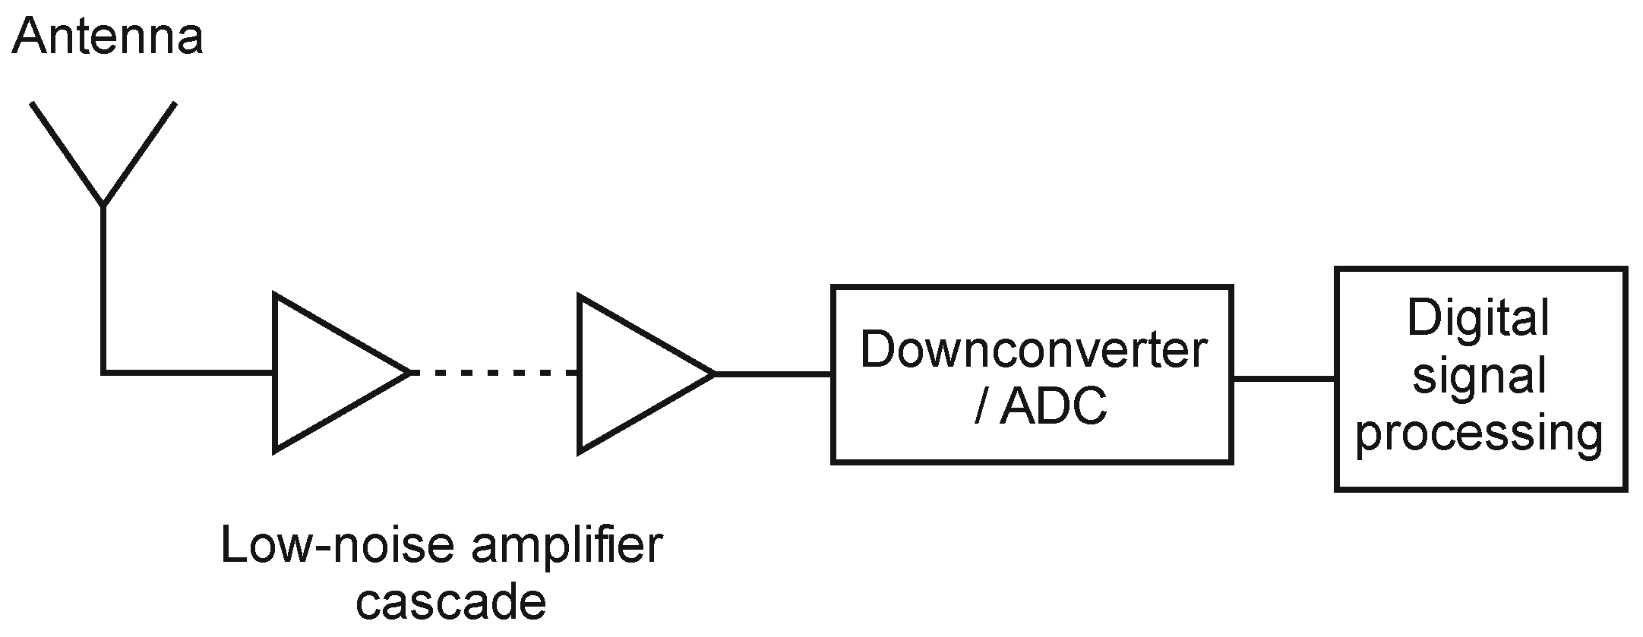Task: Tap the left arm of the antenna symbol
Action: [x=67, y=153]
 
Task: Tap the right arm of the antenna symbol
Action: [x=140, y=153]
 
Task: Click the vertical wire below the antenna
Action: [x=103, y=289]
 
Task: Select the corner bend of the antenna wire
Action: [x=103, y=373]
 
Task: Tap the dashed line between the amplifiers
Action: [x=494, y=373]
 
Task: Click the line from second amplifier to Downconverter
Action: [x=773, y=374]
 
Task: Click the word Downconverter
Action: [x=1032, y=350]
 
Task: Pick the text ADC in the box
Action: [x=1054, y=408]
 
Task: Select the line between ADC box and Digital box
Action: [x=1284, y=377]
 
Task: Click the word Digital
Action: [x=1477, y=318]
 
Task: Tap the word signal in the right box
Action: [x=1477, y=377]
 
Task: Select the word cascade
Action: [x=451, y=601]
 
